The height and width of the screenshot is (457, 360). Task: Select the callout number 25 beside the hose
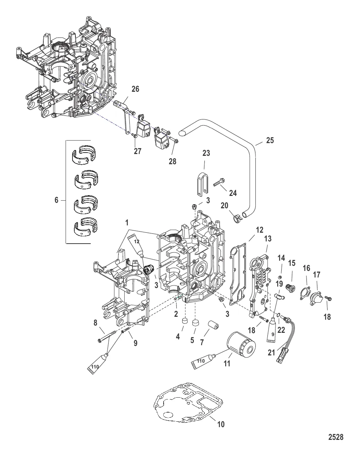tap(270, 140)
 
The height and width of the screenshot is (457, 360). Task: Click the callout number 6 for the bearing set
tap(56, 200)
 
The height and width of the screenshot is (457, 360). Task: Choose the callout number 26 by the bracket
tap(136, 89)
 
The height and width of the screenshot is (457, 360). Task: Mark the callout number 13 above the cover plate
tap(268, 239)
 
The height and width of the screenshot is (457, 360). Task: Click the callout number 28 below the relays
tap(173, 161)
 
